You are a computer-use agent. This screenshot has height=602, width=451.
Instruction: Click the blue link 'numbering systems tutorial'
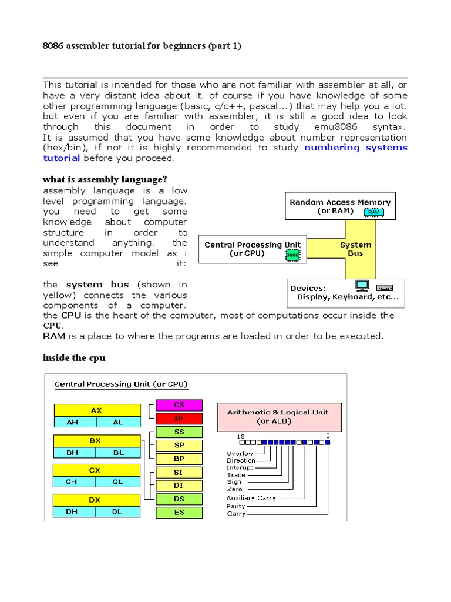click(x=355, y=148)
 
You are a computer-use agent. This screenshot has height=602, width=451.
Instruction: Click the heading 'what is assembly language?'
click(x=109, y=179)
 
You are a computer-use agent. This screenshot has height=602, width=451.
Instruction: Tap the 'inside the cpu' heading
click(x=74, y=357)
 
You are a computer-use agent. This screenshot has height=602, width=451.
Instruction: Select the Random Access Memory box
click(x=340, y=206)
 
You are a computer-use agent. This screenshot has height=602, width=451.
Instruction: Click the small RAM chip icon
click(x=373, y=212)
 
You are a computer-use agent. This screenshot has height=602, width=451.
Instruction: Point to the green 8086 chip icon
click(x=292, y=255)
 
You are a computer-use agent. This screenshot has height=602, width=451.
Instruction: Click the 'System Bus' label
click(x=355, y=249)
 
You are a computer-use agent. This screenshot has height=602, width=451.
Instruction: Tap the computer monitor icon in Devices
click(x=362, y=286)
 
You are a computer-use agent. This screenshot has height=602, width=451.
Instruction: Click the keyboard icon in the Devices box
click(x=385, y=287)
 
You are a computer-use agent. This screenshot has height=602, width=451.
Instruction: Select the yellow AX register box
click(x=97, y=410)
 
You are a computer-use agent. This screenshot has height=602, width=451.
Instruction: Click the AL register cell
click(x=118, y=422)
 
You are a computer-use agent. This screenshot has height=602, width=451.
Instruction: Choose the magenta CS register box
click(x=179, y=405)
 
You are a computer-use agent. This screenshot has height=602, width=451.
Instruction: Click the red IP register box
click(x=179, y=418)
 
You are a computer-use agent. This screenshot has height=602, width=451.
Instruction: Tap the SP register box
click(x=179, y=445)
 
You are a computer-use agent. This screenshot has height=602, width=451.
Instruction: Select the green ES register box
click(x=179, y=512)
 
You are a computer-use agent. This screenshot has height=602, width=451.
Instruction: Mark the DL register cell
click(x=118, y=511)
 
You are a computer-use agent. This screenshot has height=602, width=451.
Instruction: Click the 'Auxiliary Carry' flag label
click(x=251, y=498)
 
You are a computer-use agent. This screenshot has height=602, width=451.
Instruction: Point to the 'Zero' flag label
click(x=234, y=489)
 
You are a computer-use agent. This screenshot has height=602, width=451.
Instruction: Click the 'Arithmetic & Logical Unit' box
click(x=278, y=417)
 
